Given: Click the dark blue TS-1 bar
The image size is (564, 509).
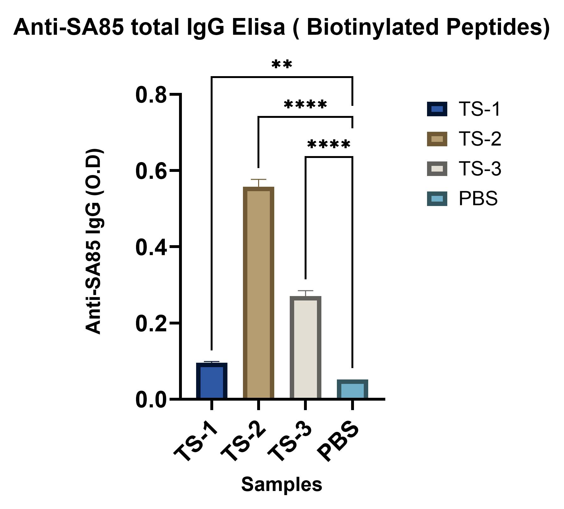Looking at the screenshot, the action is (x=212, y=381).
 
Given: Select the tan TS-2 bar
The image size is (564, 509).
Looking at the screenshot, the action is (x=258, y=293).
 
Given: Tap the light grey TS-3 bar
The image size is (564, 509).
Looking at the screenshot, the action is (x=305, y=348).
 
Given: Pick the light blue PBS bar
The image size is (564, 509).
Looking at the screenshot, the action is (x=352, y=389).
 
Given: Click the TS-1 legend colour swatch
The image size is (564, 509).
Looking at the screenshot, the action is (x=437, y=109).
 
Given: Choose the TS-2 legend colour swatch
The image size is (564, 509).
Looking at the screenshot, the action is (x=437, y=139).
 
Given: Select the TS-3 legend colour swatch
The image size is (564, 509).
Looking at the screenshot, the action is (x=437, y=169).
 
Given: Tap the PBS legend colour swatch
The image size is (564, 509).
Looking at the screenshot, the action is (x=437, y=199).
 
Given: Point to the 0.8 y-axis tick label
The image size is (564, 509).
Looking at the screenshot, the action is (x=151, y=95).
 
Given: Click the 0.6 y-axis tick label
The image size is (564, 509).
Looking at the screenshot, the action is (x=151, y=171).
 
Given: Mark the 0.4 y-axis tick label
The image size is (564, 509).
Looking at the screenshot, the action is (x=151, y=247).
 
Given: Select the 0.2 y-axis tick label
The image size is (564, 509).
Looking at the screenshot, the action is (x=151, y=324).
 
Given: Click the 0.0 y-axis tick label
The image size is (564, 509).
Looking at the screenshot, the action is (x=151, y=400).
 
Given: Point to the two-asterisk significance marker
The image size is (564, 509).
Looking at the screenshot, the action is (x=282, y=64).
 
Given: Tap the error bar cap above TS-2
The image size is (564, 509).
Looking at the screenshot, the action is (x=258, y=179).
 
